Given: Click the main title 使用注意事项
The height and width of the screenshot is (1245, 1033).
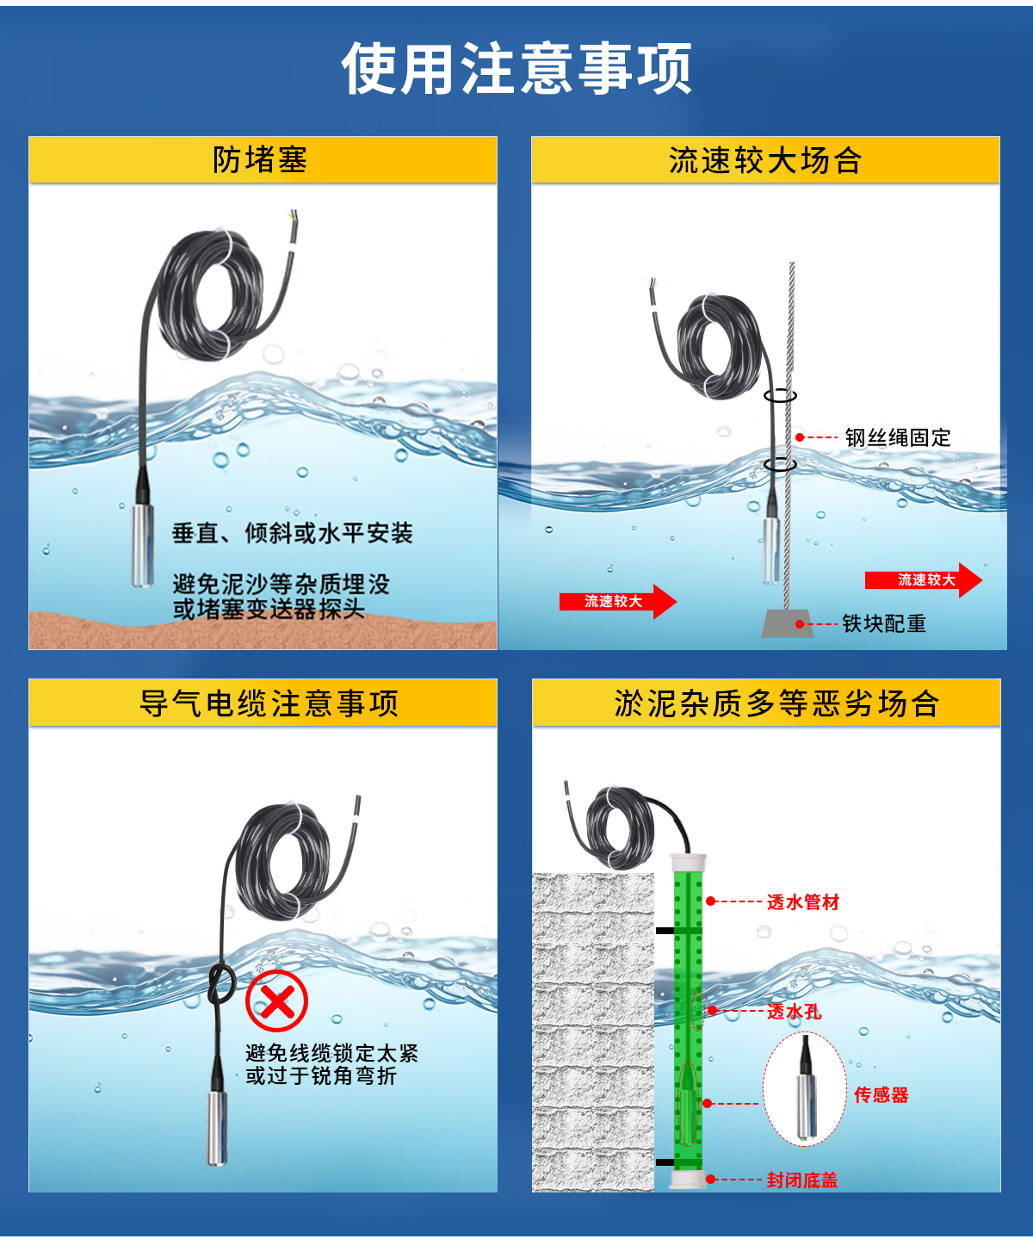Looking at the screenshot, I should point(516,69).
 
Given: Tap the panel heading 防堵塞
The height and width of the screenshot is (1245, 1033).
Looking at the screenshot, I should point(260,160).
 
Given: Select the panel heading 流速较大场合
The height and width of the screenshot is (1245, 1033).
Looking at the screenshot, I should point(764,160).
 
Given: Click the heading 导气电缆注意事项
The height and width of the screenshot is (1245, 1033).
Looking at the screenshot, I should point(269,703).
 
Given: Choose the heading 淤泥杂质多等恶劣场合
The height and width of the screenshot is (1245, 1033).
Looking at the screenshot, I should point(776,703).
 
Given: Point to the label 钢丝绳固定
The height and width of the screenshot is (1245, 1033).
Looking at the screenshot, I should point(897,437).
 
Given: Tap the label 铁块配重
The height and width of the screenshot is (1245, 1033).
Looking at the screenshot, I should point(883,623).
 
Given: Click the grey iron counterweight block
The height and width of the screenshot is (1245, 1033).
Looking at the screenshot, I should point(787,624).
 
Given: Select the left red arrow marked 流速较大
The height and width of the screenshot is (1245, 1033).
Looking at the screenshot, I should point(615,601).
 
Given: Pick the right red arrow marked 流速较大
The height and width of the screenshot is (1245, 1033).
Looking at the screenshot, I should point(923,579).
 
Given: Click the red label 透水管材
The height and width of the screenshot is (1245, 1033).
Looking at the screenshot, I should point(802,901).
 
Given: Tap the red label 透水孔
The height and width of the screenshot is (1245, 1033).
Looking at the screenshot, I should point(794,1012).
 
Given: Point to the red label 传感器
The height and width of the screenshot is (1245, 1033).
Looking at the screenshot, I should point(881,1094).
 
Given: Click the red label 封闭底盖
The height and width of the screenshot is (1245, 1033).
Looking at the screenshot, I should point(801,1180).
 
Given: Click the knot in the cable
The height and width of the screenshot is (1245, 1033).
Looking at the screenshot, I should point(221,982).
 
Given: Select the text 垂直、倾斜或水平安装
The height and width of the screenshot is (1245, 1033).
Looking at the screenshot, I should point(293,533).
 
